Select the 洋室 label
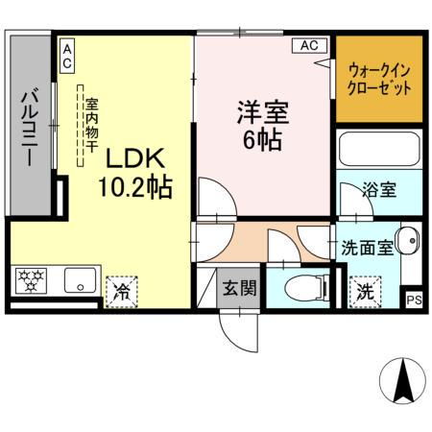click(x=260, y=111)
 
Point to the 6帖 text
click(x=262, y=139)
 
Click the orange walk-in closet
click(x=378, y=79)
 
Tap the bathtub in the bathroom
click(x=379, y=152)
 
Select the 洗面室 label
click(x=367, y=246)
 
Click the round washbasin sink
click(x=407, y=240)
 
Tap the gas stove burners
click(x=31, y=281)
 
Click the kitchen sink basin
click(x=76, y=282)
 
